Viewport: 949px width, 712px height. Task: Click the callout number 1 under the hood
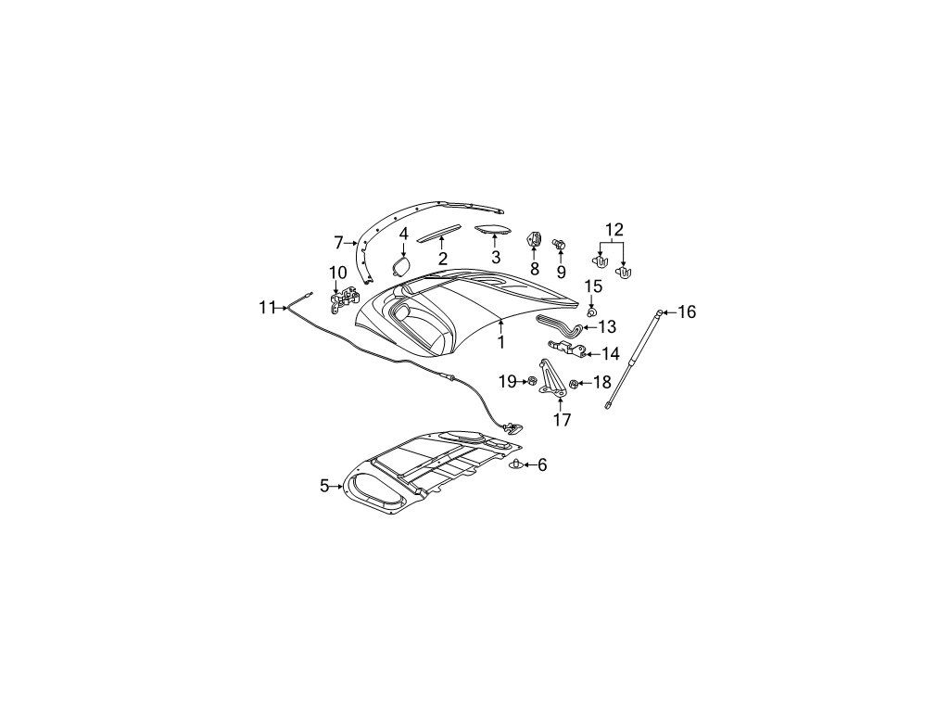pyautogui.click(x=501, y=342)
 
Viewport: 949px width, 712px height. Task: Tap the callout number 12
pyautogui.click(x=614, y=230)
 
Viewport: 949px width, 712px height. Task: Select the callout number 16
pyautogui.click(x=687, y=311)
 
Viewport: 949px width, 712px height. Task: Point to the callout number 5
pyautogui.click(x=323, y=486)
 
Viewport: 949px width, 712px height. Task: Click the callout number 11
pyautogui.click(x=267, y=308)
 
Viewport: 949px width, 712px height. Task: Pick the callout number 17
pyautogui.click(x=563, y=419)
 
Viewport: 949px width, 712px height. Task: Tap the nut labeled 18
pyautogui.click(x=573, y=383)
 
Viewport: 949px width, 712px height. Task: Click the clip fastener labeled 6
pyautogui.click(x=515, y=464)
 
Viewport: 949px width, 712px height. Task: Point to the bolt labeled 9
pyautogui.click(x=560, y=245)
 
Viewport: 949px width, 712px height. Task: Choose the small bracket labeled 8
pyautogui.click(x=534, y=240)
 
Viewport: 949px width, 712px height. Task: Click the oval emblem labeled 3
pyautogui.click(x=492, y=229)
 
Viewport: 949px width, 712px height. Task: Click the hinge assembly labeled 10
pyautogui.click(x=345, y=301)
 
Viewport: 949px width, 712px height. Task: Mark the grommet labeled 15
pyautogui.click(x=592, y=311)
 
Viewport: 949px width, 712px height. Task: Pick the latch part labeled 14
pyautogui.click(x=568, y=349)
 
